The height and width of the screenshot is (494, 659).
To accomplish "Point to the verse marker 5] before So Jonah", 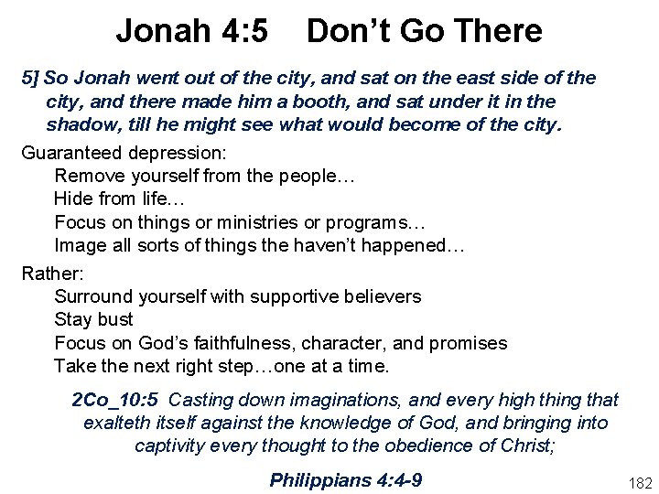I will [x=30, y=78].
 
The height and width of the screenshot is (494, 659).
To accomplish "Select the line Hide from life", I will [x=106, y=198].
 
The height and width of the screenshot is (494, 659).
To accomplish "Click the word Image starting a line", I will [x=80, y=245].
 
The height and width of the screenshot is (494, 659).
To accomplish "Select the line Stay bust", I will [x=93, y=319].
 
